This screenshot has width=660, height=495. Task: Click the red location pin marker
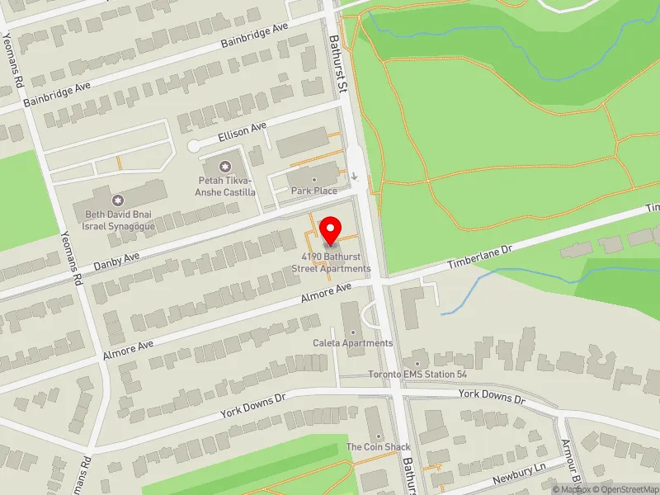click(x=331, y=230)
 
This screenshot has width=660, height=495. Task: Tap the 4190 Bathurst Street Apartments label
click(x=335, y=263)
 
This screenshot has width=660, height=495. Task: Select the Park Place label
click(x=313, y=191)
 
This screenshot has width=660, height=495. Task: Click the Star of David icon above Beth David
click(x=117, y=200)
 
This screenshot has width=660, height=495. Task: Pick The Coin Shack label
click(x=378, y=447)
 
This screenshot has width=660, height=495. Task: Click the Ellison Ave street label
click(x=243, y=130)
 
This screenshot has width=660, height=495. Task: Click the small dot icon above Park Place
click(x=313, y=180)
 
